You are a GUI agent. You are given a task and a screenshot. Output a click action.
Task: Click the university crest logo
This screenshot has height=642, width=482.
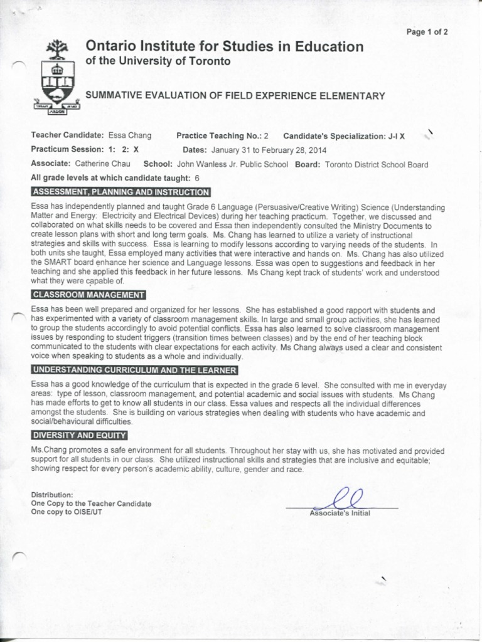(56, 78)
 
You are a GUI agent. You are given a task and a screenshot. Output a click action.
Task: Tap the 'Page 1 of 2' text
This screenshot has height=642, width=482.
(427, 32)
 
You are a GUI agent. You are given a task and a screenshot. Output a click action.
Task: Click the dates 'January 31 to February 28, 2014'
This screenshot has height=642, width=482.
(269, 150)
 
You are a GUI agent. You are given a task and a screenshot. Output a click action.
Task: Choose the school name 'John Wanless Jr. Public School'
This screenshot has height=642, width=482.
(233, 164)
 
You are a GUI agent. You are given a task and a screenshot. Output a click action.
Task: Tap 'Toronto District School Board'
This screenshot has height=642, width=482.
(377, 164)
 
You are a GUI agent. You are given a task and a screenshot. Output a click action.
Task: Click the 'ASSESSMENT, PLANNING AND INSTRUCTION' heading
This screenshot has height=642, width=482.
(120, 192)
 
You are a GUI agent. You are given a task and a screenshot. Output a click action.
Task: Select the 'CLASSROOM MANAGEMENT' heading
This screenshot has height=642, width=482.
(88, 295)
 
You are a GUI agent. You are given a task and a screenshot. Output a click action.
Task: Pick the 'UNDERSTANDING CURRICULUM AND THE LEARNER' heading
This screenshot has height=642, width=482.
(134, 370)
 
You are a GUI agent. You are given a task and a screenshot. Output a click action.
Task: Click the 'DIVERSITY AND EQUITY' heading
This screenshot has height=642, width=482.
(79, 435)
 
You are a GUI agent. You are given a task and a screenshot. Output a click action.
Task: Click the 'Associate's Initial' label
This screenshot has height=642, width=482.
(340, 513)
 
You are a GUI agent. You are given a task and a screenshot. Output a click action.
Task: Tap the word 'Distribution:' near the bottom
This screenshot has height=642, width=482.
(52, 495)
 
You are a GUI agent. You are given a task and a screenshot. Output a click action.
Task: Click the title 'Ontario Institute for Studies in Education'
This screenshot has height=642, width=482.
(224, 47)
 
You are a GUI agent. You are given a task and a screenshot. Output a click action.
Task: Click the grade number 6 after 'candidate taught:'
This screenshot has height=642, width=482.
(197, 178)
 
